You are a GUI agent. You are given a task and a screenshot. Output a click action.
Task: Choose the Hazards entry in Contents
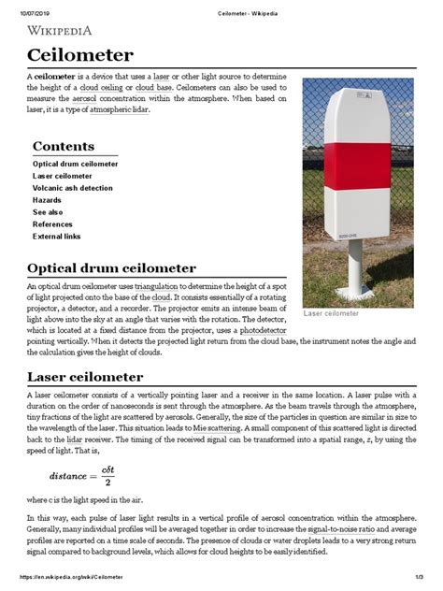(x=48, y=200)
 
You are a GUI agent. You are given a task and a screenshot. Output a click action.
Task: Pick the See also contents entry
(x=50, y=212)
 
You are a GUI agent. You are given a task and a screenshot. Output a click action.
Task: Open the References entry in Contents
(x=53, y=224)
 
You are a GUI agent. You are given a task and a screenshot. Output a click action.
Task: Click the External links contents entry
(x=58, y=237)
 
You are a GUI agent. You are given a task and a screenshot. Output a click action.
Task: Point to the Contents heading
(x=63, y=146)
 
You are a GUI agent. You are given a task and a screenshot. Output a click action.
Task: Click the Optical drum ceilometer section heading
(x=111, y=268)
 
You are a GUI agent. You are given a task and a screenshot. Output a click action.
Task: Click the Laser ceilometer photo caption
(x=331, y=313)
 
